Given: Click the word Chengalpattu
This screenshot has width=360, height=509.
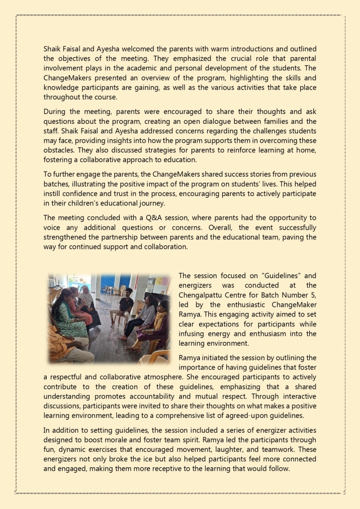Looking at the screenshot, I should coord(202,295).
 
